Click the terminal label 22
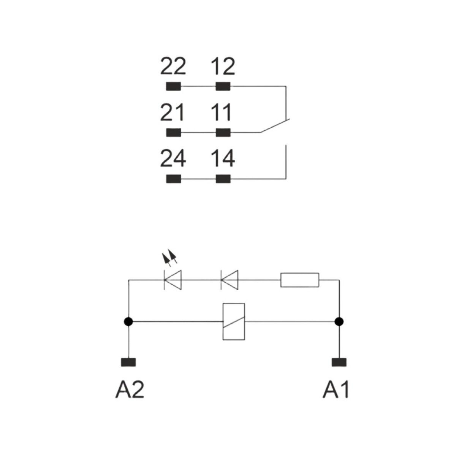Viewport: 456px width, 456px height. click(173, 66)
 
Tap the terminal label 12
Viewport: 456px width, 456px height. click(223, 66)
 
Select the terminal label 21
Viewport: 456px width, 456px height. click(172, 112)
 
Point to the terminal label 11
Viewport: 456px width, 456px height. click(221, 112)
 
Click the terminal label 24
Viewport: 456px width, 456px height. click(173, 158)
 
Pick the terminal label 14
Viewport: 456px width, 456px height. click(223, 158)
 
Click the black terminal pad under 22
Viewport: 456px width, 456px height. click(173, 86)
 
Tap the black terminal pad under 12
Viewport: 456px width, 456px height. click(223, 86)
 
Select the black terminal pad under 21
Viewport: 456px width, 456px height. click(173, 133)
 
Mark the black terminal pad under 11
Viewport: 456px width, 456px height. click(223, 133)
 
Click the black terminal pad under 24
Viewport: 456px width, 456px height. click(173, 179)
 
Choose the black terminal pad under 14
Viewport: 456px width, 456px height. click(223, 179)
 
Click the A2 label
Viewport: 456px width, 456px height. click(130, 390)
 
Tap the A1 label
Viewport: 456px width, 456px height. click(336, 390)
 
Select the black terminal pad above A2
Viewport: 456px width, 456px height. click(128, 362)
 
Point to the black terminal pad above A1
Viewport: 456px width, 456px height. click(339, 362)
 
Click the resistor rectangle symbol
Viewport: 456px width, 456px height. click(300, 280)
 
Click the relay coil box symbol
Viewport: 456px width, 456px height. click(234, 322)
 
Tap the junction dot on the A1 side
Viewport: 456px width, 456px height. click(339, 322)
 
